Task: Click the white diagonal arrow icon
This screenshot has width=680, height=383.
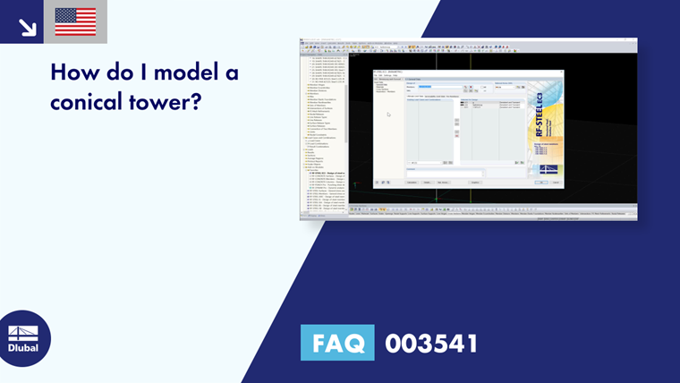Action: pos(27,27)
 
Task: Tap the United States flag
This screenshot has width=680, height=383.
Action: pos(75,21)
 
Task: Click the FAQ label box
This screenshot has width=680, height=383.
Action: pos(337,343)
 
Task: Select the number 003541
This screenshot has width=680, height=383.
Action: pos(431,343)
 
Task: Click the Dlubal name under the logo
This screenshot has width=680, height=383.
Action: pos(23,347)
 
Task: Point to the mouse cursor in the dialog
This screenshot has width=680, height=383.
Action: pos(388,115)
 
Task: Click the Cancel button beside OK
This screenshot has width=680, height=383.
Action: pos(556,183)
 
